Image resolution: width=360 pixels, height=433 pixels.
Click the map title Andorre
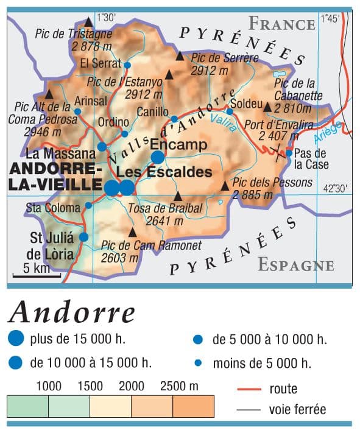click(x=72, y=312)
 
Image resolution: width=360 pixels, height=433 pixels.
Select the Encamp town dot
click(x=158, y=157)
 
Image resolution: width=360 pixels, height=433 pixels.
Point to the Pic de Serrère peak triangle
click(x=180, y=56)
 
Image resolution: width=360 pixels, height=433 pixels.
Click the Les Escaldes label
click(x=165, y=172)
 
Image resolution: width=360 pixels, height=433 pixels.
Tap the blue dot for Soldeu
click(x=230, y=111)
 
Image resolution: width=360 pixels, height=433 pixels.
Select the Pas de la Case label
click(x=311, y=159)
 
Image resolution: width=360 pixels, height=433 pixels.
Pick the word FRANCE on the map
click(x=281, y=24)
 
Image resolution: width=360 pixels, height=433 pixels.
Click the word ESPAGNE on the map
click(x=296, y=265)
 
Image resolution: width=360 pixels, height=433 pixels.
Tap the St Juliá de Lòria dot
click(x=83, y=237)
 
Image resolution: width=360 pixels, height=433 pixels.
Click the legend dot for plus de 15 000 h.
click(x=16, y=339)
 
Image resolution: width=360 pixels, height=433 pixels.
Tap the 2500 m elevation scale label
click(x=179, y=385)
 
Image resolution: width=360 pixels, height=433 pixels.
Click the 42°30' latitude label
click(x=335, y=188)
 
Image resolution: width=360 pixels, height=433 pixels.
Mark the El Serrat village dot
click(x=127, y=65)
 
